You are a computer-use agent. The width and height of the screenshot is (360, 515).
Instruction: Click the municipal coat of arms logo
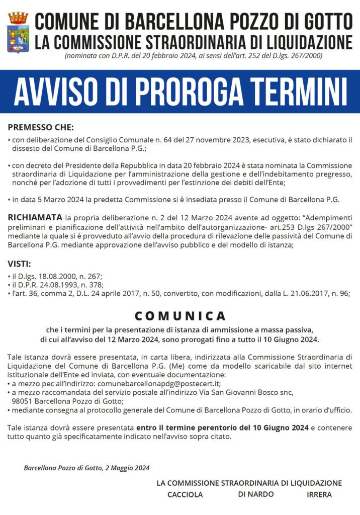click(18, 32)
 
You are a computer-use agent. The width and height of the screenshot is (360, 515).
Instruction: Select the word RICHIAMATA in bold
click(35, 217)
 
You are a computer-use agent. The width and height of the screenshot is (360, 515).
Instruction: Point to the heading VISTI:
click(19, 264)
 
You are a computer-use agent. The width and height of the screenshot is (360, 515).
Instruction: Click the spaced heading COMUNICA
click(180, 316)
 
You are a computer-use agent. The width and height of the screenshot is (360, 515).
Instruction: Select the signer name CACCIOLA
click(185, 494)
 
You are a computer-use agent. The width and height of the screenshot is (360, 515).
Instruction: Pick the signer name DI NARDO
click(256, 494)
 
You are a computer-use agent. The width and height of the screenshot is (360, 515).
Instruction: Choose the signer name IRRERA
click(319, 494)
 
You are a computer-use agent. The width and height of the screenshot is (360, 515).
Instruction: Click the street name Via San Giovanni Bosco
click(247, 392)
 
